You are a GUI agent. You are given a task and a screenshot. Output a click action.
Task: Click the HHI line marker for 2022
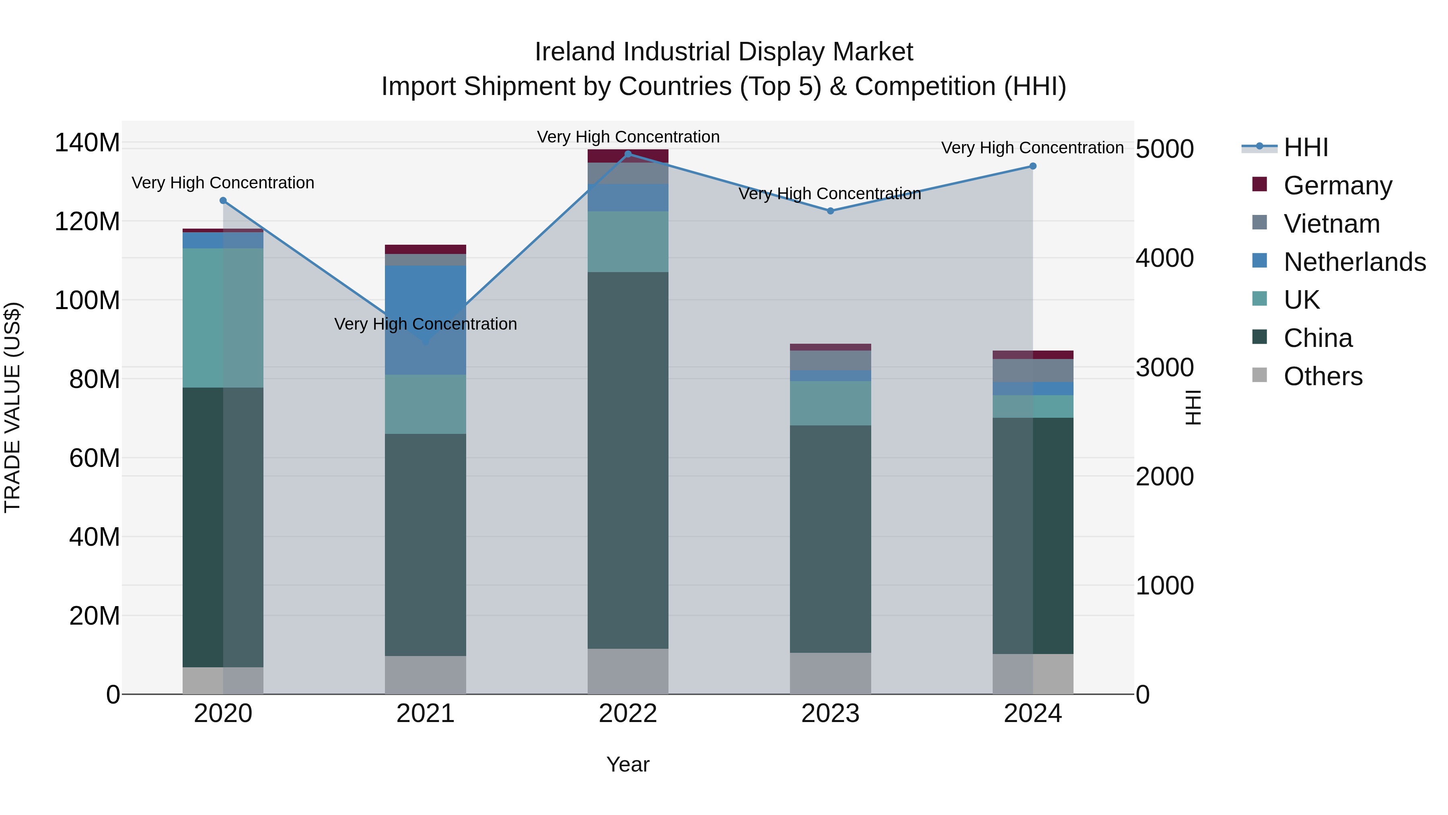[628, 154]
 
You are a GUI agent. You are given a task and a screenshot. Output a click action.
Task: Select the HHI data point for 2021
[426, 341]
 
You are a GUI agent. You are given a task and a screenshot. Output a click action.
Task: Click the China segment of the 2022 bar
[628, 460]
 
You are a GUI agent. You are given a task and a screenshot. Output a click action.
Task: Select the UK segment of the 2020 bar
[223, 318]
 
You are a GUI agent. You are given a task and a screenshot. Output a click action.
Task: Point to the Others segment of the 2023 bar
[830, 673]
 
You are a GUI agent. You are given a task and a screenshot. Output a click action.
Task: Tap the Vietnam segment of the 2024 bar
[1033, 370]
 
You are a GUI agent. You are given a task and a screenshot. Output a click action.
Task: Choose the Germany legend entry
[1338, 186]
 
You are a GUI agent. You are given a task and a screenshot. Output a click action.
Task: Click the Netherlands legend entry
[1355, 262]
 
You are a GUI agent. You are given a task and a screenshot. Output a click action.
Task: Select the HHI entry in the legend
[1306, 147]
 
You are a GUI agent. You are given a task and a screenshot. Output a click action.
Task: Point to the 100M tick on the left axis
[87, 300]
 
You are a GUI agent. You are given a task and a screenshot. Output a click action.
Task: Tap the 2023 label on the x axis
[830, 714]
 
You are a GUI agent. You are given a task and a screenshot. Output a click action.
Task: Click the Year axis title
[628, 764]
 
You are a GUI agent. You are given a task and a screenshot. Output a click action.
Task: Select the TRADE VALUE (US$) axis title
[12, 407]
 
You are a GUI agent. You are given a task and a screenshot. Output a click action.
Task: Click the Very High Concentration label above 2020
[223, 183]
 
